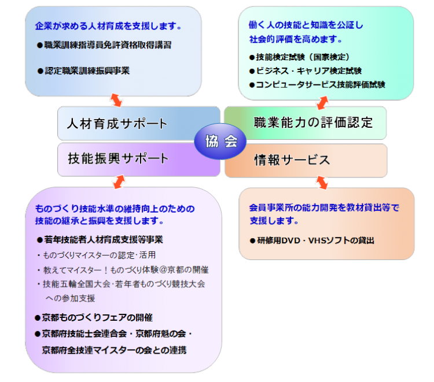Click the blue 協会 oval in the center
220,141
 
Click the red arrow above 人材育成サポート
116,100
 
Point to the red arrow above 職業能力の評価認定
322,103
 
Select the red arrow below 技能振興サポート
119,182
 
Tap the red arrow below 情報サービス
322,183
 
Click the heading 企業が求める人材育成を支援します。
108,26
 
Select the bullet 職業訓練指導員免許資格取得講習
104,45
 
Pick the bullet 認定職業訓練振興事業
83,71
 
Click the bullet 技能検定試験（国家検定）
299,57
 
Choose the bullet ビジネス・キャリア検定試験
306,71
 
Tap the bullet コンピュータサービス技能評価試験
317,84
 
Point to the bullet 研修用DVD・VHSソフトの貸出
312,240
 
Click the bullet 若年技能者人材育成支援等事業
100,240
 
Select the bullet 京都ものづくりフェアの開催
94,318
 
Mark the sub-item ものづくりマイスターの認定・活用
96,255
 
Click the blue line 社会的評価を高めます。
296,39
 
